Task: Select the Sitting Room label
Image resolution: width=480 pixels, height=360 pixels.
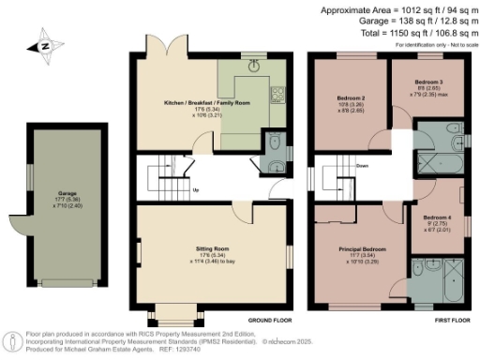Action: [214, 250]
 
